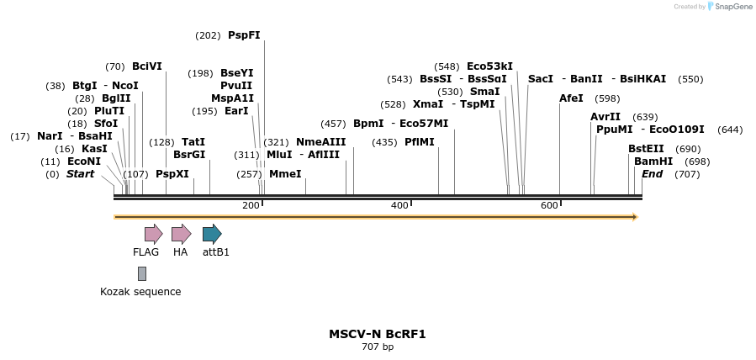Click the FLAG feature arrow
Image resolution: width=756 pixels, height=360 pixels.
click(x=153, y=234)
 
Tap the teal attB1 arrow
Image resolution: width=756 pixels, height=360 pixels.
click(x=212, y=234)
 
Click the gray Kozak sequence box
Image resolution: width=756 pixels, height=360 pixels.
click(x=142, y=273)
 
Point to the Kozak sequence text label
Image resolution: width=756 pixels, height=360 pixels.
click(x=140, y=292)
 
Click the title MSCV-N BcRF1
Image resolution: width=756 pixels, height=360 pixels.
click(x=378, y=334)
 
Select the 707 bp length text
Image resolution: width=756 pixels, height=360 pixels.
click(x=378, y=347)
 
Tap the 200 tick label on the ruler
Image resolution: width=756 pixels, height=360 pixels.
click(x=251, y=206)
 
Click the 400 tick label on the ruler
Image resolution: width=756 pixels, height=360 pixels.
click(x=399, y=206)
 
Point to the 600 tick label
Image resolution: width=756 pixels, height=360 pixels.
click(x=549, y=206)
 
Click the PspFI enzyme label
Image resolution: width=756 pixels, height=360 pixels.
click(x=244, y=35)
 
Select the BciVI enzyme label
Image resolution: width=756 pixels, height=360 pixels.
click(x=147, y=66)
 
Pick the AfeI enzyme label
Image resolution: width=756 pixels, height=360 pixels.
click(x=571, y=98)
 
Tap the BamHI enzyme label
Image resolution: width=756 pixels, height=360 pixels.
click(x=653, y=161)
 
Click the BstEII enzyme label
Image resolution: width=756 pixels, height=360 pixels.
click(x=646, y=149)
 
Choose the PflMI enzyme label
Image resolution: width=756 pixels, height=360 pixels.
click(x=420, y=142)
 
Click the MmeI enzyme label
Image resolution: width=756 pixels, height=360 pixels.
click(x=285, y=174)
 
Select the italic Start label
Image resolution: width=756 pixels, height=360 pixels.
click(x=81, y=174)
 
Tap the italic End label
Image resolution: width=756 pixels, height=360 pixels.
click(x=652, y=174)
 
